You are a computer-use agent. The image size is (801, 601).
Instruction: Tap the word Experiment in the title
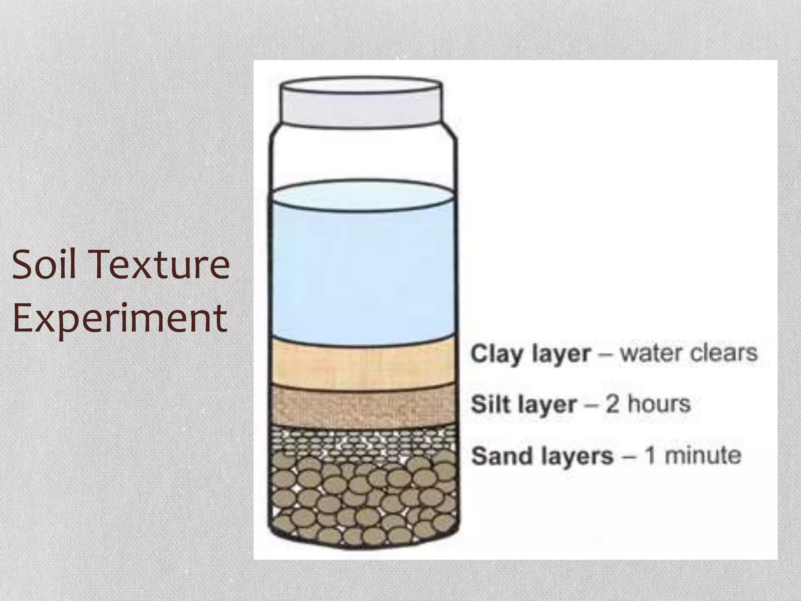[x=120, y=318]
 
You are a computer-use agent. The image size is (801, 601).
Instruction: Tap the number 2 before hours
[x=612, y=404]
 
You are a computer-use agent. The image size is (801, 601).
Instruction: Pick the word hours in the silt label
[x=659, y=404]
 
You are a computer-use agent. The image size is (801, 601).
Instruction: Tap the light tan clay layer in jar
[x=363, y=366]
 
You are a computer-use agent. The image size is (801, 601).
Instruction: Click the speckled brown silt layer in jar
[x=363, y=407]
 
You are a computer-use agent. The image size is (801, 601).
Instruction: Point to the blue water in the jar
[x=363, y=274]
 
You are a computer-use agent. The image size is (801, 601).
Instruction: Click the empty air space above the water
[x=363, y=157]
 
